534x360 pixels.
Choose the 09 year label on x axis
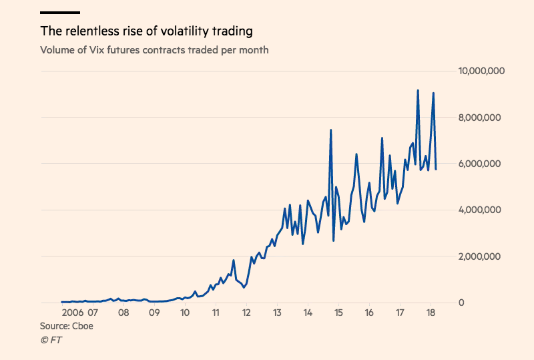click(154, 312)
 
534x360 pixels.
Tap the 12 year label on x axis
click(246, 312)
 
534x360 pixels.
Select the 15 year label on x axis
click(338, 312)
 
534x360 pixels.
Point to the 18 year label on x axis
click(431, 312)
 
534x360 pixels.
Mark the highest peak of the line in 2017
click(418, 90)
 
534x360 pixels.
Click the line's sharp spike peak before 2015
click(330, 130)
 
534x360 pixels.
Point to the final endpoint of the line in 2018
click(436, 169)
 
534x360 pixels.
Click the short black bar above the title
click(60, 12)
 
